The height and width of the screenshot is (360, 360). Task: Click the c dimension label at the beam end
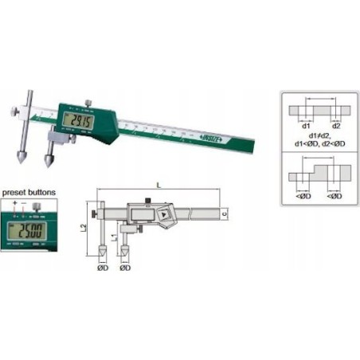(225, 213)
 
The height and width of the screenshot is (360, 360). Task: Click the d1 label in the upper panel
(305, 125)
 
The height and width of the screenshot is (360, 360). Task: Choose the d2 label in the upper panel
(336, 125)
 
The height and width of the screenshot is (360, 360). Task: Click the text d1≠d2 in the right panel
(317, 135)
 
